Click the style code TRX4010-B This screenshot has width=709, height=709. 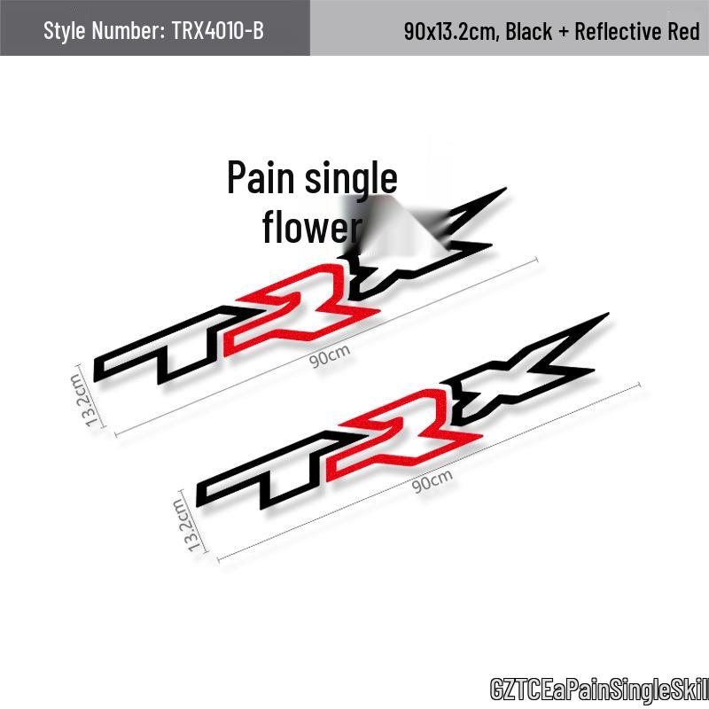pos(217,31)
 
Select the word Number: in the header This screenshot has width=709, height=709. pos(129,31)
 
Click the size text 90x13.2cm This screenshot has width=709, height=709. pos(452,32)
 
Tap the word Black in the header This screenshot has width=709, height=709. pos(528,31)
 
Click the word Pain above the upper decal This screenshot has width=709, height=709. pos(261,177)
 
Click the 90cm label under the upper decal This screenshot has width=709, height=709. pos(330,356)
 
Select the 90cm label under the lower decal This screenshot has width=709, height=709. pos(432,481)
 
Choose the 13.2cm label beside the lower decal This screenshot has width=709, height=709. pos(185,525)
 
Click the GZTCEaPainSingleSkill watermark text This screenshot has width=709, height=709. pos(600,690)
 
